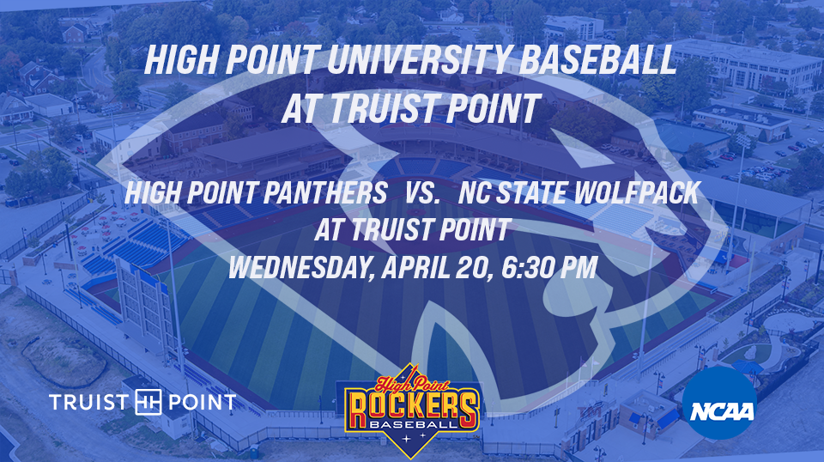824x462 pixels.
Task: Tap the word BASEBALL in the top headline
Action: (597, 59)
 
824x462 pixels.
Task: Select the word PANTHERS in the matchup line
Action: (324, 193)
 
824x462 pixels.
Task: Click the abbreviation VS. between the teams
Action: (422, 193)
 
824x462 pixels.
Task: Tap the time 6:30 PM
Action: (549, 268)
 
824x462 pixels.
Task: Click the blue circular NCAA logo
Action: (721, 403)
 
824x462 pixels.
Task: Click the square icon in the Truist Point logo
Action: (148, 403)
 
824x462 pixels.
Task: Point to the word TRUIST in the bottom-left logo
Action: (88, 403)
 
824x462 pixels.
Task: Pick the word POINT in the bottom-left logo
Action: (203, 403)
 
